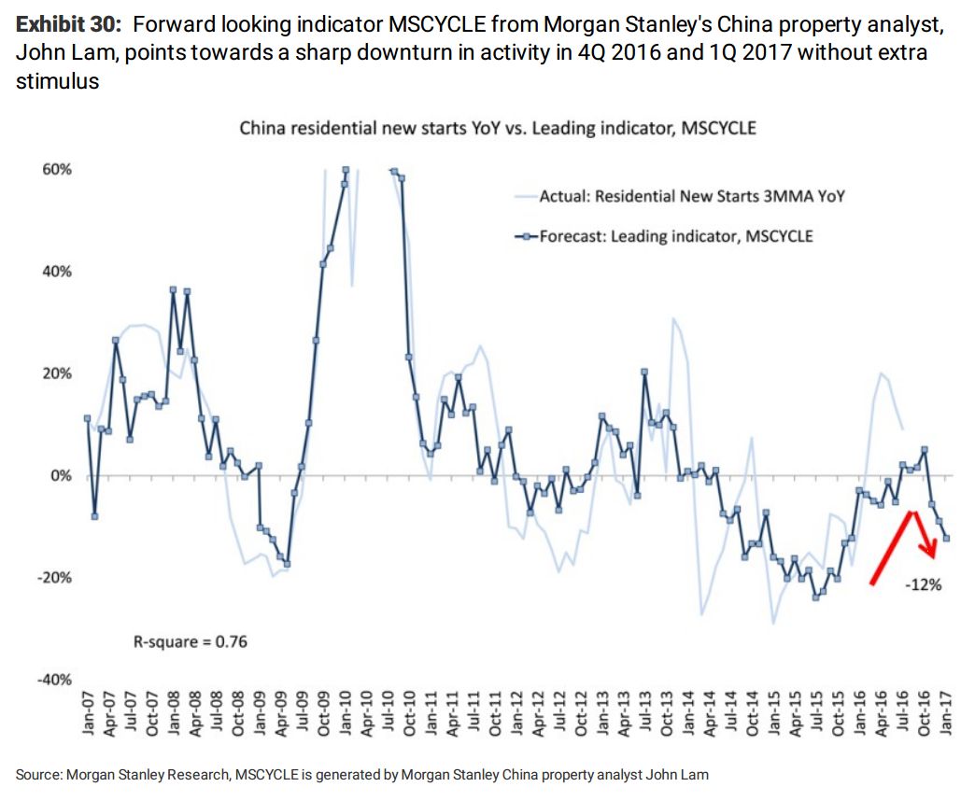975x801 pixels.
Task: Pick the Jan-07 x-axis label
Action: [87, 713]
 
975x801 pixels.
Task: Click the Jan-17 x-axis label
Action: [947, 713]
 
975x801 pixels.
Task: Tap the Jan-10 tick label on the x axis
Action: [346, 713]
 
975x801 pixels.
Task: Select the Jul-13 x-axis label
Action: [645, 713]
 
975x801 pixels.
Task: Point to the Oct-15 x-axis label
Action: [839, 713]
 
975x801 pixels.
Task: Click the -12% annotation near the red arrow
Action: [923, 585]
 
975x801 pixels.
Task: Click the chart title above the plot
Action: [498, 128]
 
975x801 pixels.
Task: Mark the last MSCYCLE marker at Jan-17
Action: [946, 537]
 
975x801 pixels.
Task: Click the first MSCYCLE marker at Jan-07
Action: [87, 418]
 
